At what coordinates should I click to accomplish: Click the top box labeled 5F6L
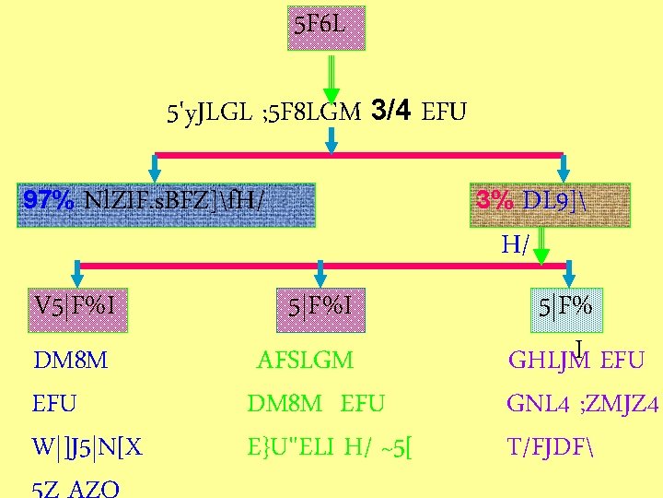pos(326,28)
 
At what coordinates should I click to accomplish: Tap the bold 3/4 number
pos(390,112)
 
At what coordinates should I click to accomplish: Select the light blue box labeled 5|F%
pos(565,306)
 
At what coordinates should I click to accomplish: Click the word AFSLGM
pos(305,361)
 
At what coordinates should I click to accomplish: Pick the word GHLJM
pos(550,361)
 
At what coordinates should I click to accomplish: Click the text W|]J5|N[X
pos(87,447)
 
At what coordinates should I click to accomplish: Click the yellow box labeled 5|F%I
pos(320,303)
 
